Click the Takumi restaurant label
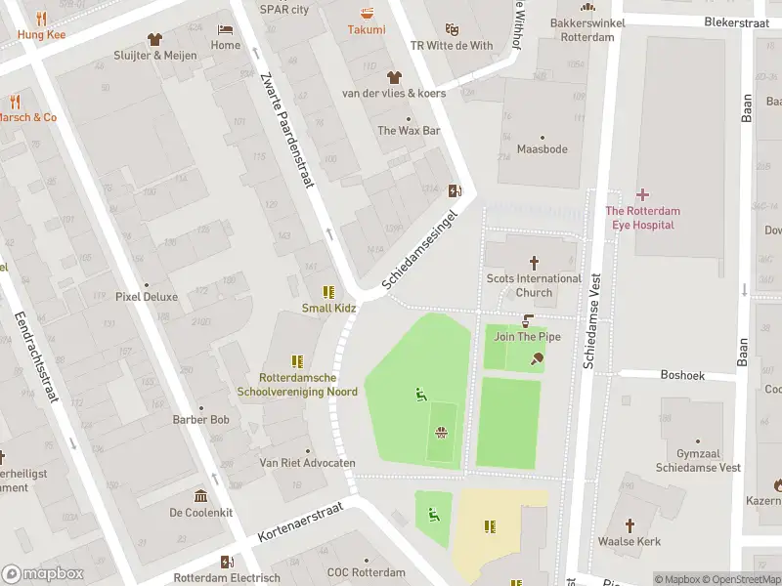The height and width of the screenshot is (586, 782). [x=367, y=30]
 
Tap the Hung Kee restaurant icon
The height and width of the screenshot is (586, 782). [x=40, y=19]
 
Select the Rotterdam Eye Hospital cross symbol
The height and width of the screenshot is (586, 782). [x=642, y=195]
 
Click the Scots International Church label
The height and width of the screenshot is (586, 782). [x=534, y=285]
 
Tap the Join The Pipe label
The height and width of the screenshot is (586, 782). [x=528, y=337]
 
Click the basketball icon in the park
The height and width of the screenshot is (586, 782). [x=442, y=432]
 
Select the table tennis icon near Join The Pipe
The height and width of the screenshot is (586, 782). [x=536, y=358]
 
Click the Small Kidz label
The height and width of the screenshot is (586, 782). [x=328, y=309]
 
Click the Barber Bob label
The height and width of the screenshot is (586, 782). [x=200, y=420]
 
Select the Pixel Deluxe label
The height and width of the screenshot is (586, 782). [x=147, y=297]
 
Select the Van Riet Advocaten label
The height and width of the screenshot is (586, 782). [x=307, y=463]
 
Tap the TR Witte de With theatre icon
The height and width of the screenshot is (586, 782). [x=452, y=29]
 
